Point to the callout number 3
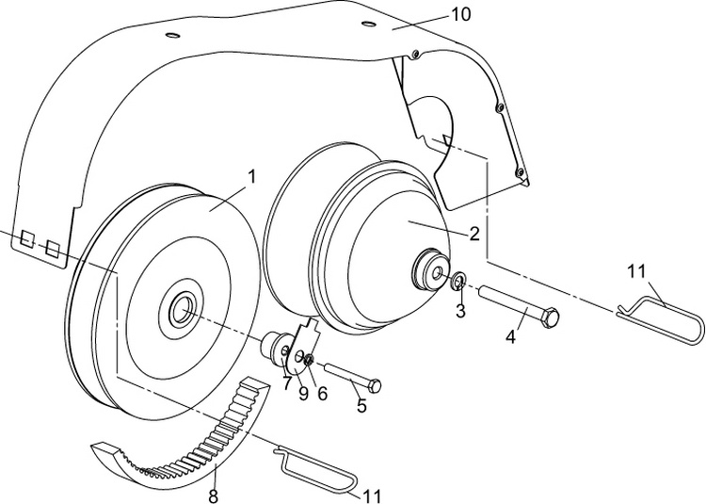[460, 312]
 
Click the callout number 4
[510, 334]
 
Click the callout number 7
[285, 384]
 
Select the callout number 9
[303, 395]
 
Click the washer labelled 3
[457, 281]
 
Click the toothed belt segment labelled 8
[188, 443]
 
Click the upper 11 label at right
[637, 272]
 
